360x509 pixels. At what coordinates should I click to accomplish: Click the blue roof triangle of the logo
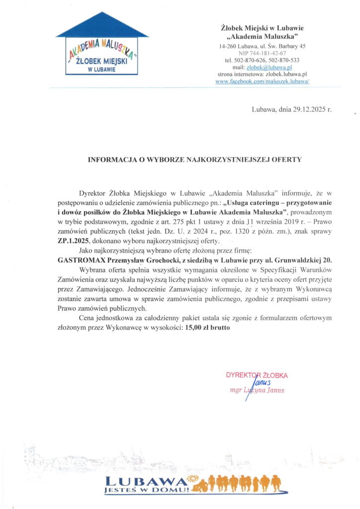[x=102, y=27]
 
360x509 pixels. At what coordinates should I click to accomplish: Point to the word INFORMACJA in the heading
[x=110, y=160]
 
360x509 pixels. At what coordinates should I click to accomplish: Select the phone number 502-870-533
[x=290, y=60]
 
